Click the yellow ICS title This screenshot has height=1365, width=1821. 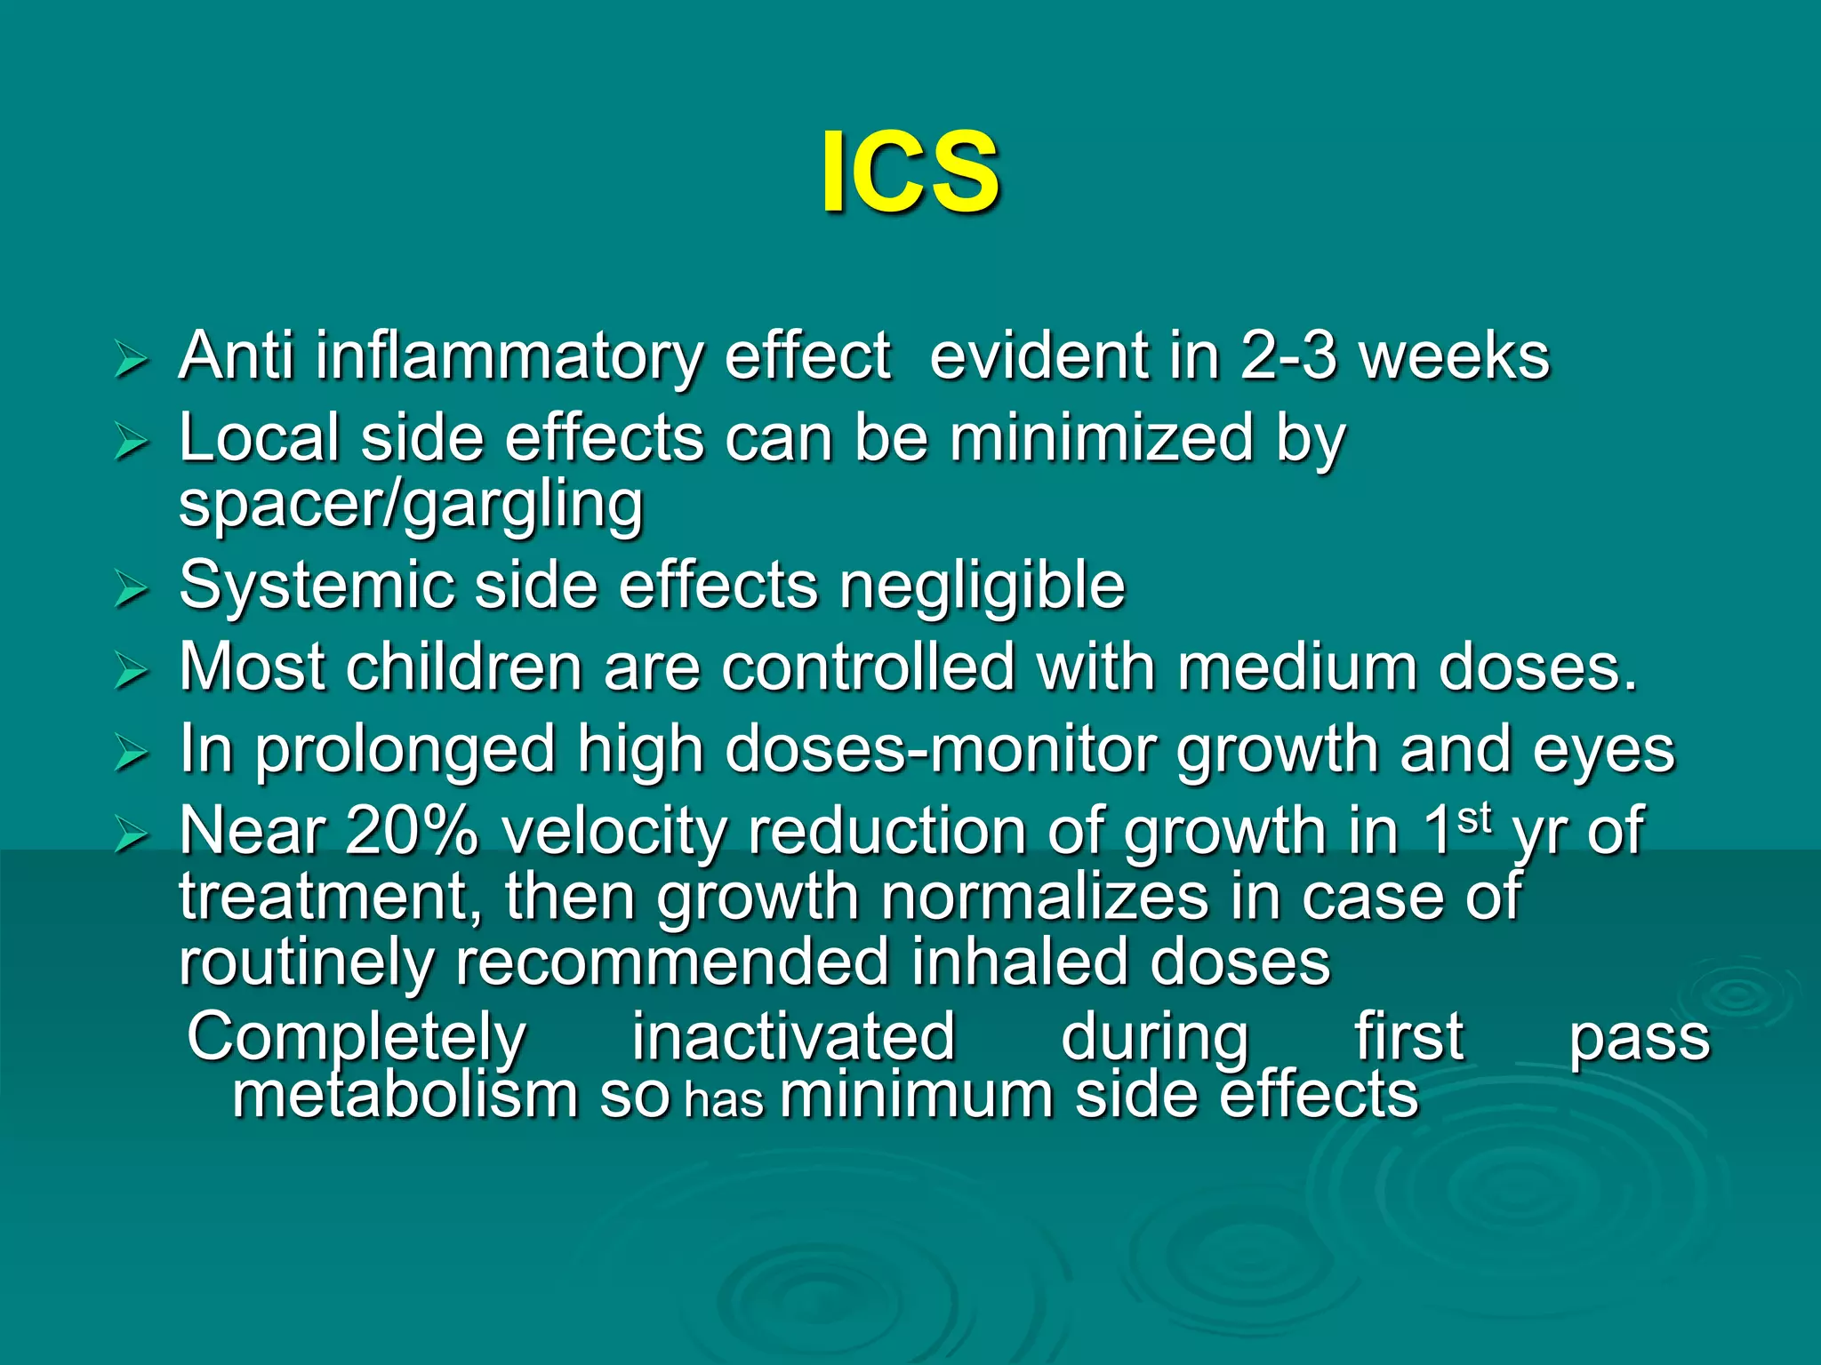pos(910,172)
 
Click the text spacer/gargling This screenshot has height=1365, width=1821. pos(411,505)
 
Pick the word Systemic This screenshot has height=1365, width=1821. pos(316,587)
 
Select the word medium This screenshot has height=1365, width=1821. pos(1297,667)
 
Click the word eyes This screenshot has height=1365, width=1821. pos(1603,752)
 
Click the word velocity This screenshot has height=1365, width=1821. pos(614,833)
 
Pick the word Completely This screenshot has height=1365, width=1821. pos(357,1038)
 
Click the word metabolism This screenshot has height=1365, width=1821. pos(405,1096)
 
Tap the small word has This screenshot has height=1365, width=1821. pos(725,1101)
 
